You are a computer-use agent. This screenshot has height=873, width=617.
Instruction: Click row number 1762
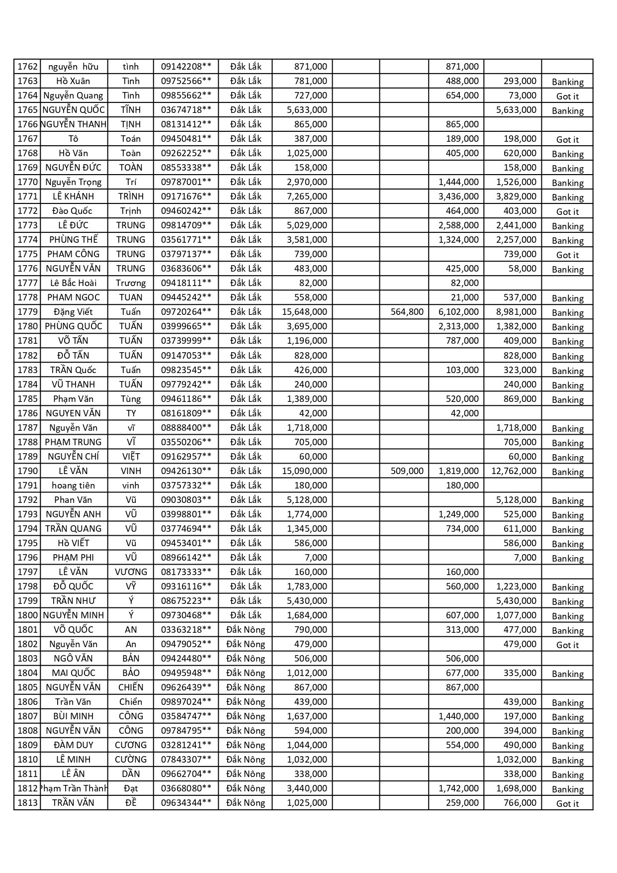tap(27, 67)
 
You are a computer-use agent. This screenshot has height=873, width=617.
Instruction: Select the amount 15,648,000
tap(304, 312)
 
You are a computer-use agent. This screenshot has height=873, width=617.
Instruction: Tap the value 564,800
tap(407, 312)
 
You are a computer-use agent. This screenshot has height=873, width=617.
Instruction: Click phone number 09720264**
tap(186, 312)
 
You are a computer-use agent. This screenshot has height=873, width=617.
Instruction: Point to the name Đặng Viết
tap(73, 312)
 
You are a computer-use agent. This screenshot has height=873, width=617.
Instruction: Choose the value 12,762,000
tap(514, 471)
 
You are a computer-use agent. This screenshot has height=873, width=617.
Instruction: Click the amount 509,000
tap(407, 471)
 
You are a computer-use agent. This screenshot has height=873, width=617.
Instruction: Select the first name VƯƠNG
tap(131, 572)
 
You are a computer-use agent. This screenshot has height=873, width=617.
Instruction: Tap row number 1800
tap(27, 615)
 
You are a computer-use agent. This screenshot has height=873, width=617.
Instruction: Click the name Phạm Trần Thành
tap(74, 788)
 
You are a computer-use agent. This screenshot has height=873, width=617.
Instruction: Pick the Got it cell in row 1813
tap(567, 803)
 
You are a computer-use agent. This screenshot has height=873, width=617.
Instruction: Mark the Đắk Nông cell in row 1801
tap(246, 630)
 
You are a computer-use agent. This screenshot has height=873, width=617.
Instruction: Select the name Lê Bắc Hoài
tap(73, 283)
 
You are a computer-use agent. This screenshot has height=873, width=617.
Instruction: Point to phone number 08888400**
tap(186, 428)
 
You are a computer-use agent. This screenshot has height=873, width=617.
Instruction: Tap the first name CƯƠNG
tap(131, 745)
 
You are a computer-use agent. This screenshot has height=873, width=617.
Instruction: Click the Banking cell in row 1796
tap(567, 558)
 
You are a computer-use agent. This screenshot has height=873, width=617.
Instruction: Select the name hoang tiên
tap(73, 485)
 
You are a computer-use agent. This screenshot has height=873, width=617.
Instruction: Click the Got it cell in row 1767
tap(567, 139)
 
